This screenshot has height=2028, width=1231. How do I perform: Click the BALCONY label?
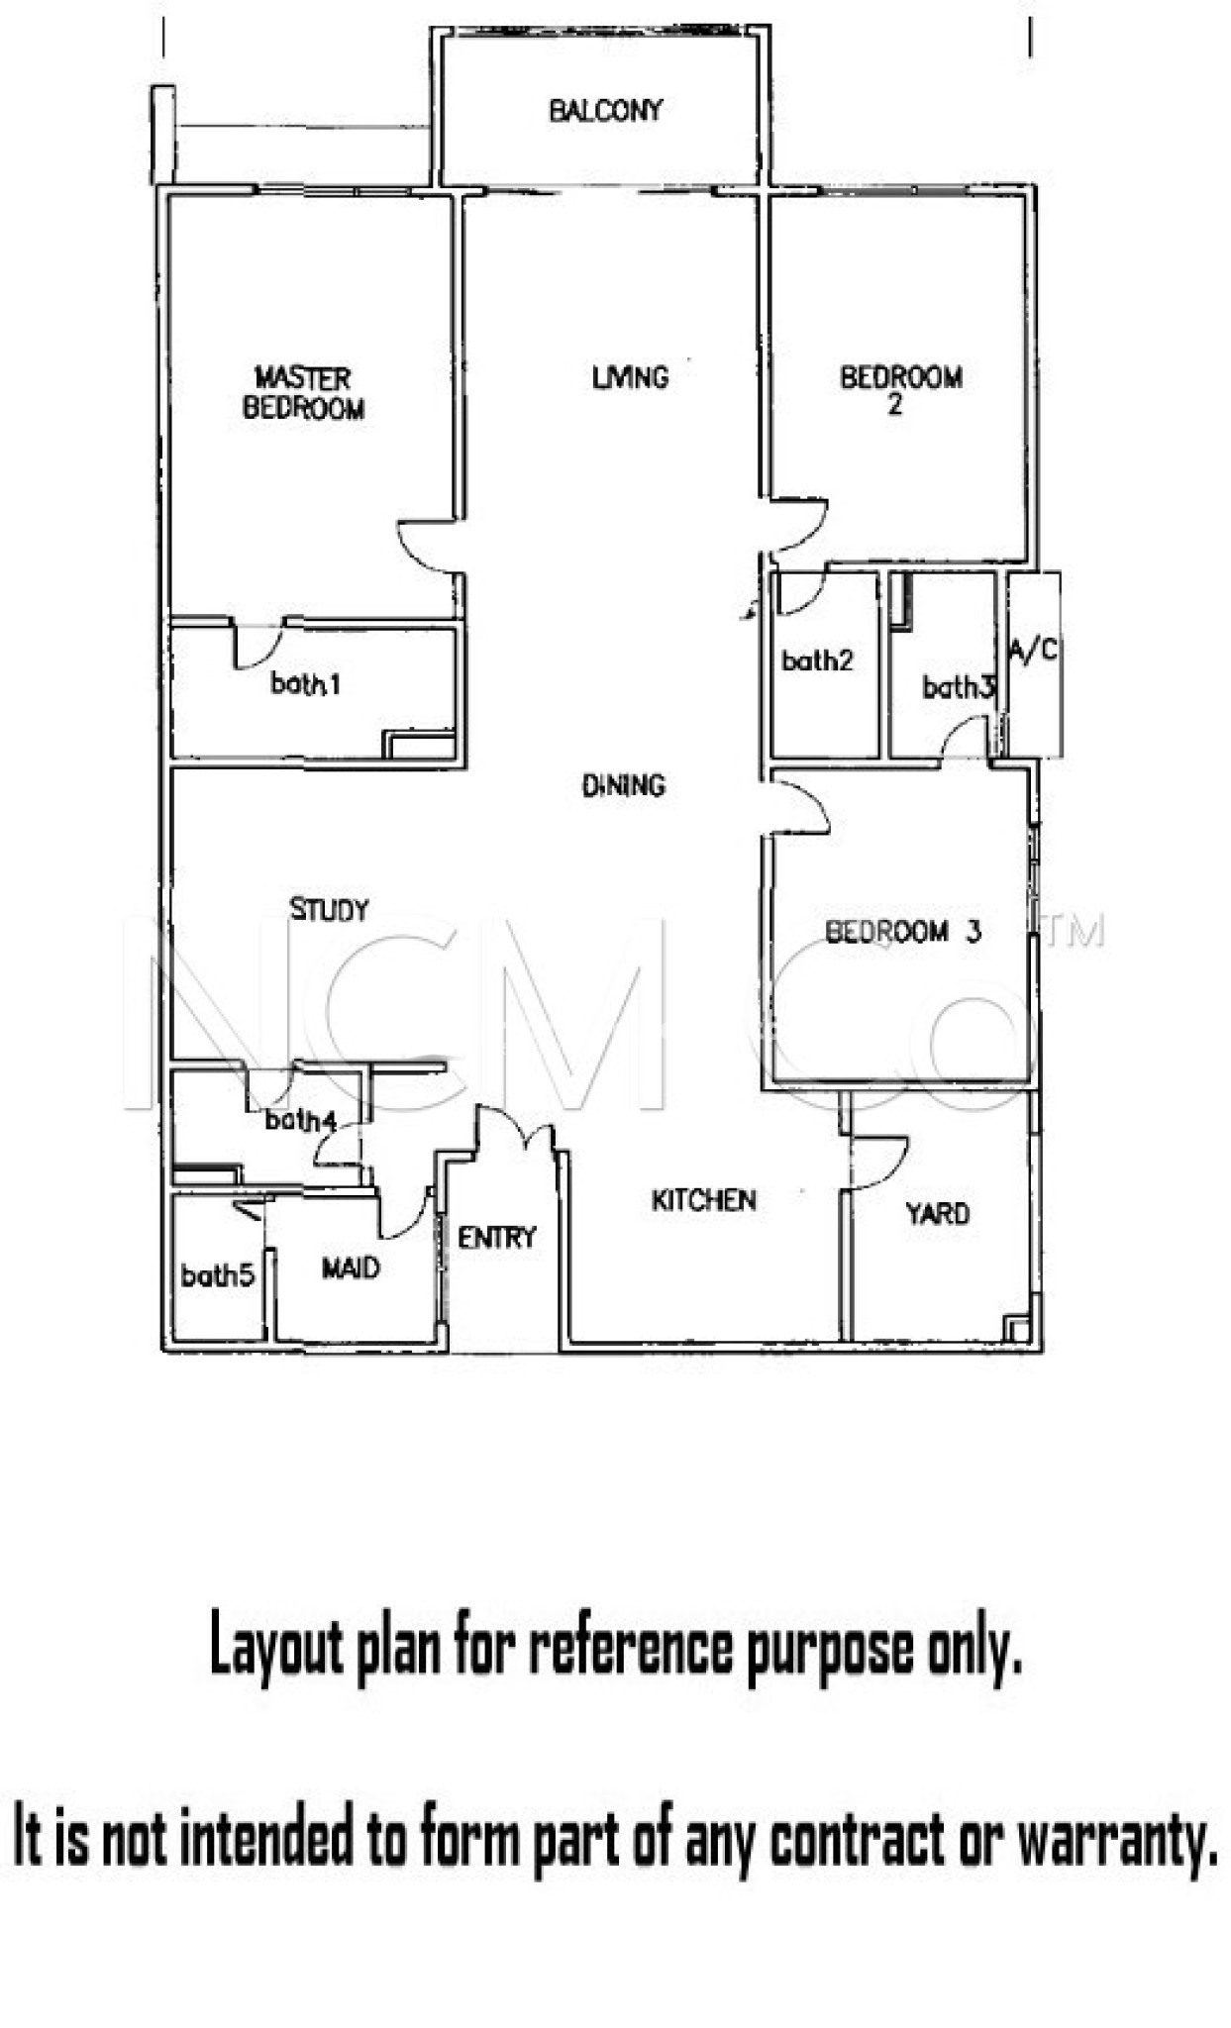tap(605, 110)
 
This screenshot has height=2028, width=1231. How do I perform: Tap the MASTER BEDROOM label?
tap(303, 393)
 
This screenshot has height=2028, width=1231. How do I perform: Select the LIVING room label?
tap(630, 377)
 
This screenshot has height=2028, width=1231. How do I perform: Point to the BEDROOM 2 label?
tap(900, 390)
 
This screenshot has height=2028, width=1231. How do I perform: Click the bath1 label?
tap(306, 683)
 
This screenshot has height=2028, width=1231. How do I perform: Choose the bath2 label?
tap(817, 660)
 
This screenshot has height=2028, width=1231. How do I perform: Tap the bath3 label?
tap(958, 686)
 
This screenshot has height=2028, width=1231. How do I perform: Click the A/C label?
tap(1033, 651)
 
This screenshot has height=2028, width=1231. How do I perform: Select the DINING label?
tap(623, 786)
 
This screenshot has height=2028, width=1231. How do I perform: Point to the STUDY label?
tap(329, 909)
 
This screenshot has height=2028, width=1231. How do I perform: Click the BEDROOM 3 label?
tap(903, 932)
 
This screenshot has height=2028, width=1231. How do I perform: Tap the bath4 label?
tap(301, 1121)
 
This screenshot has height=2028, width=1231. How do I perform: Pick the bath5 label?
tap(218, 1275)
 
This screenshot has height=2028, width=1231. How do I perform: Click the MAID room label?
tap(351, 1268)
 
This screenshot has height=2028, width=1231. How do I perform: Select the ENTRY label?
tap(496, 1237)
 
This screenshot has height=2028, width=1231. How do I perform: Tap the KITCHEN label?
tap(703, 1200)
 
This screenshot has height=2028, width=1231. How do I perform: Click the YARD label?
tap(937, 1214)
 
